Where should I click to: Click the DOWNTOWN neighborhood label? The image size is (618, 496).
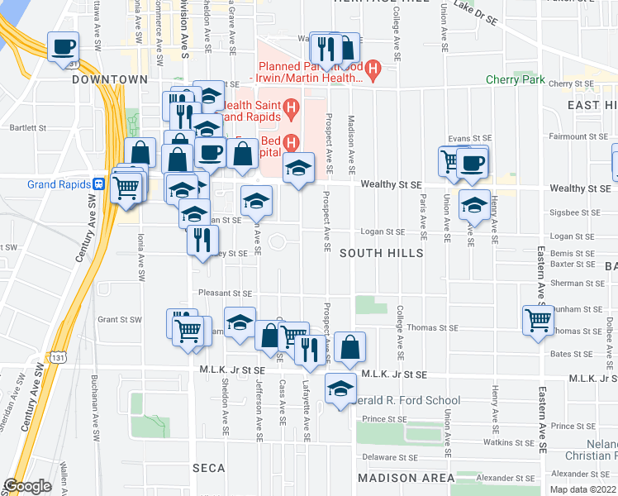109,79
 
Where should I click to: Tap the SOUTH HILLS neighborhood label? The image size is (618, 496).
381,253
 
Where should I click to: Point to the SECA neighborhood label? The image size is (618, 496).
209,468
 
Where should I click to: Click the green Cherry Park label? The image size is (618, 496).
515,80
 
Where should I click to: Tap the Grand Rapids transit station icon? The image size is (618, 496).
98,184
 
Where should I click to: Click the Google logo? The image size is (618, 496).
27,486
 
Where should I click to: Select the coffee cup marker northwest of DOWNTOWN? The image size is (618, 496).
63,46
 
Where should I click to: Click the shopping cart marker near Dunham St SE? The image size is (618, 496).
539,319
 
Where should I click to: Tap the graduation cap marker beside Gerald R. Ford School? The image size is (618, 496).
340,390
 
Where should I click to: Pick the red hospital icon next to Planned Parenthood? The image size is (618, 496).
373,67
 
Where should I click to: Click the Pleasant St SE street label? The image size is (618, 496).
225,293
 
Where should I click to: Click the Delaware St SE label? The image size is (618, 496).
387,455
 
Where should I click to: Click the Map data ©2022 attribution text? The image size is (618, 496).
583,489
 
